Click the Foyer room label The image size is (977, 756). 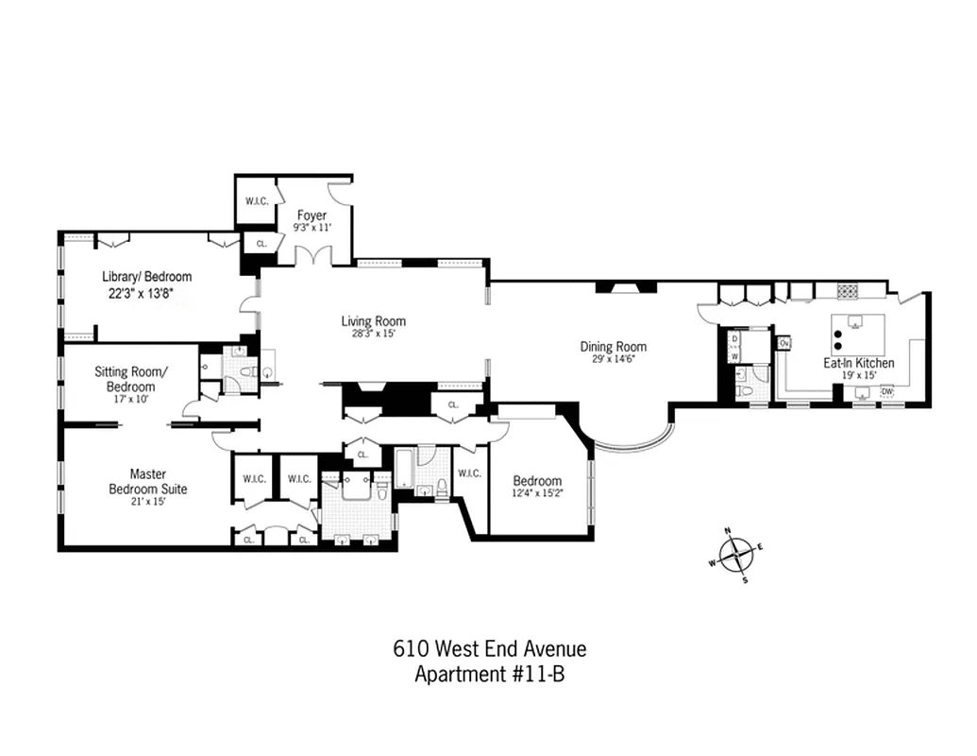tap(312, 215)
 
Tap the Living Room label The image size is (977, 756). tap(374, 321)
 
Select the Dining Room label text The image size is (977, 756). tap(613, 347)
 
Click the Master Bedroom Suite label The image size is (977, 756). tap(147, 481)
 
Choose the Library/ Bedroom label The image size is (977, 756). tap(147, 277)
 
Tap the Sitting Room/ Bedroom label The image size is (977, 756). tap(130, 379)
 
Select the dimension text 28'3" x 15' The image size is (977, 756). tap(374, 334)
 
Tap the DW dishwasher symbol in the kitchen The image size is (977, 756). tap(886, 391)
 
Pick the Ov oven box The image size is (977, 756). tap(783, 342)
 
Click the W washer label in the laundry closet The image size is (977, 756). tap(734, 356)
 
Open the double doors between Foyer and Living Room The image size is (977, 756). tap(312, 256)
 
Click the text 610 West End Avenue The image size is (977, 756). tap(489, 649)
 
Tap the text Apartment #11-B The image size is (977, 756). tap(489, 674)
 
